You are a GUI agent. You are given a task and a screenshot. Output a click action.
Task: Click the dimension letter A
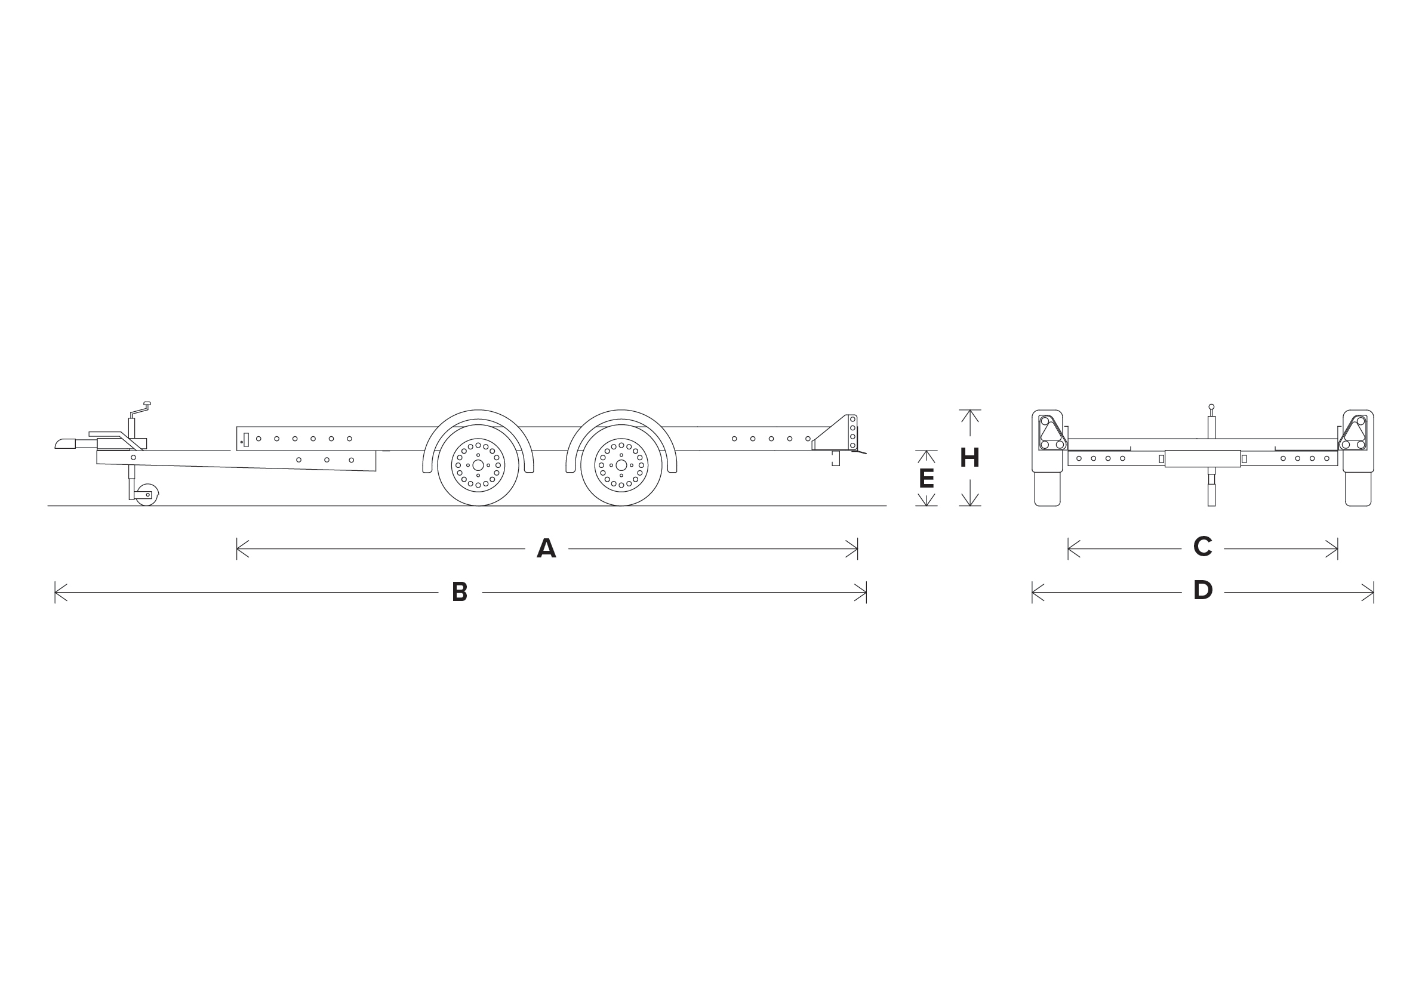point(546,548)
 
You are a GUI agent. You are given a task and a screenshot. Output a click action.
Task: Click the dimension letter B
point(460,592)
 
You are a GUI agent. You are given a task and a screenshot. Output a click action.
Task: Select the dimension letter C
point(1202,546)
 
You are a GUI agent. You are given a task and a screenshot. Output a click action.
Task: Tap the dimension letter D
point(1203,590)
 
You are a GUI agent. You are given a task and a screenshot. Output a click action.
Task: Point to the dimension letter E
point(926,478)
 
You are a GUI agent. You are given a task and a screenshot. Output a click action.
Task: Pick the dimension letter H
point(969,458)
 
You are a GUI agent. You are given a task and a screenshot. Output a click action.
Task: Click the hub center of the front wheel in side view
point(478,465)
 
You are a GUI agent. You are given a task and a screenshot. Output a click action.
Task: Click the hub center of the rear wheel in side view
point(621,465)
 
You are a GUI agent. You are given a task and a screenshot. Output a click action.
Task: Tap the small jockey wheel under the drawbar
point(147,495)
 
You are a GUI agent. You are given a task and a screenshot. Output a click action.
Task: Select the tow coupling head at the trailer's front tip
point(65,443)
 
